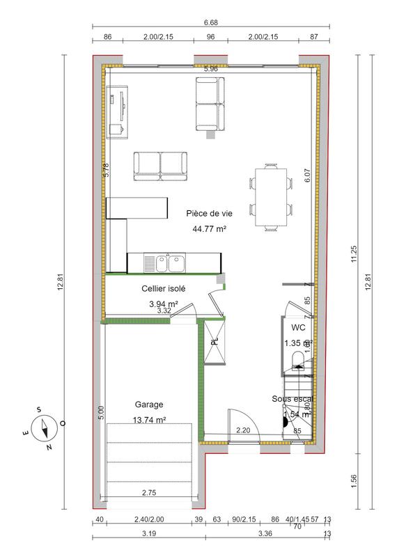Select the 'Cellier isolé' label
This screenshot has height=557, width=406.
coord(164,288)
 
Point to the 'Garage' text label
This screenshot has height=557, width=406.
coord(149,404)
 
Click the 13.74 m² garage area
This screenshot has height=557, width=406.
coord(149,420)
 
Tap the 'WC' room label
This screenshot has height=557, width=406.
coord(298,327)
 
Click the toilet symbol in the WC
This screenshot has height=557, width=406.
coord(298,359)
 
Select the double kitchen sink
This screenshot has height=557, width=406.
coord(164,263)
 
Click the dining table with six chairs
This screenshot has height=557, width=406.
coord(270,196)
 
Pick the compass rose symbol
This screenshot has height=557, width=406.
coord(46,426)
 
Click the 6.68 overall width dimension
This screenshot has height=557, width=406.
coord(210,22)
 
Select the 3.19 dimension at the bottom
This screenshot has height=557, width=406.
coord(148,534)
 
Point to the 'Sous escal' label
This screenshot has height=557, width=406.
coord(292,399)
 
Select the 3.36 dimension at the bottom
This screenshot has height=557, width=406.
coord(265,534)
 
